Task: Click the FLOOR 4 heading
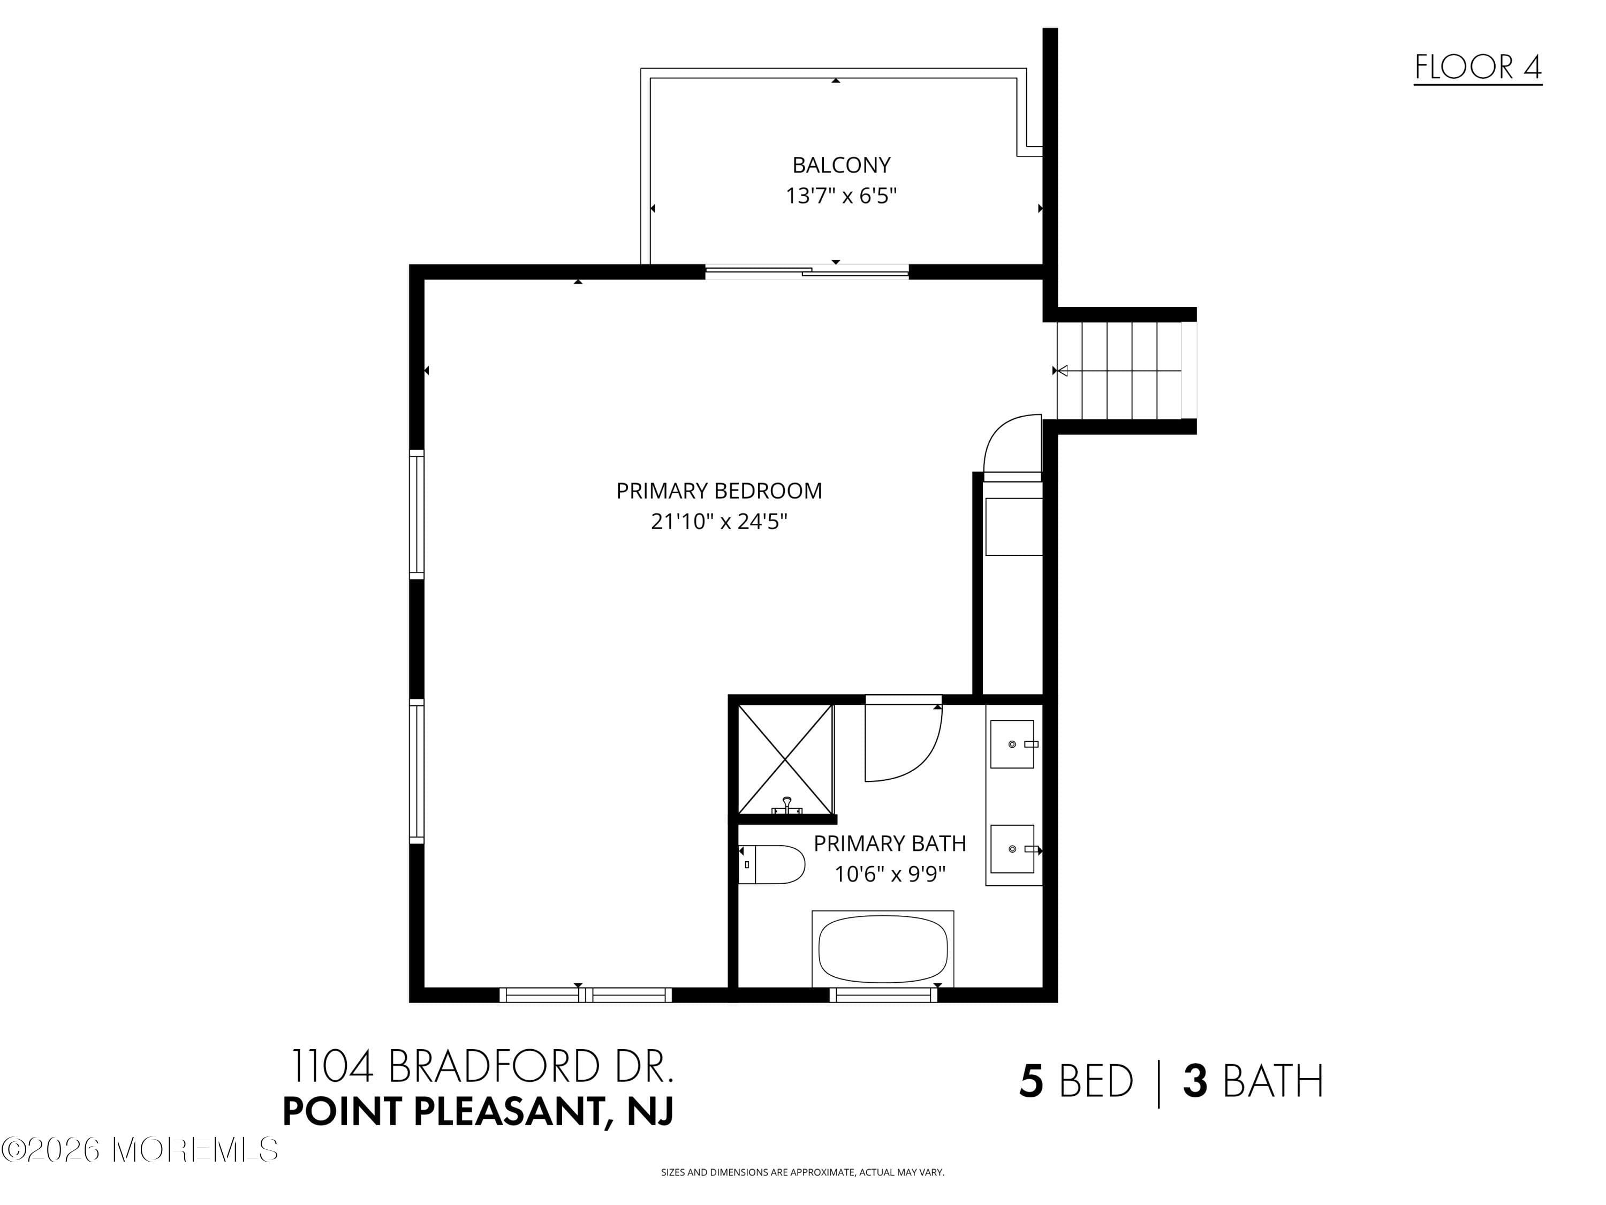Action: coord(1478,67)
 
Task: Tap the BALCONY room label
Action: coord(841,165)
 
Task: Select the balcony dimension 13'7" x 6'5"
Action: coord(841,196)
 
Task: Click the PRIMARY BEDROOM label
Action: coord(719,491)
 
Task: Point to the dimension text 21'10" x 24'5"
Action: coord(719,522)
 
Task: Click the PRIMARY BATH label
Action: coord(889,843)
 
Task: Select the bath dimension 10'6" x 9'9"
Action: coord(889,874)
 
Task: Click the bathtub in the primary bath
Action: coord(883,948)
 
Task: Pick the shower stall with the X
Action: coord(785,759)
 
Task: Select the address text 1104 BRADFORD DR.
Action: coord(482,1066)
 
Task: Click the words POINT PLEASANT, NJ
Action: coord(478,1111)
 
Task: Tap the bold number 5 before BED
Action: coord(1031,1081)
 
